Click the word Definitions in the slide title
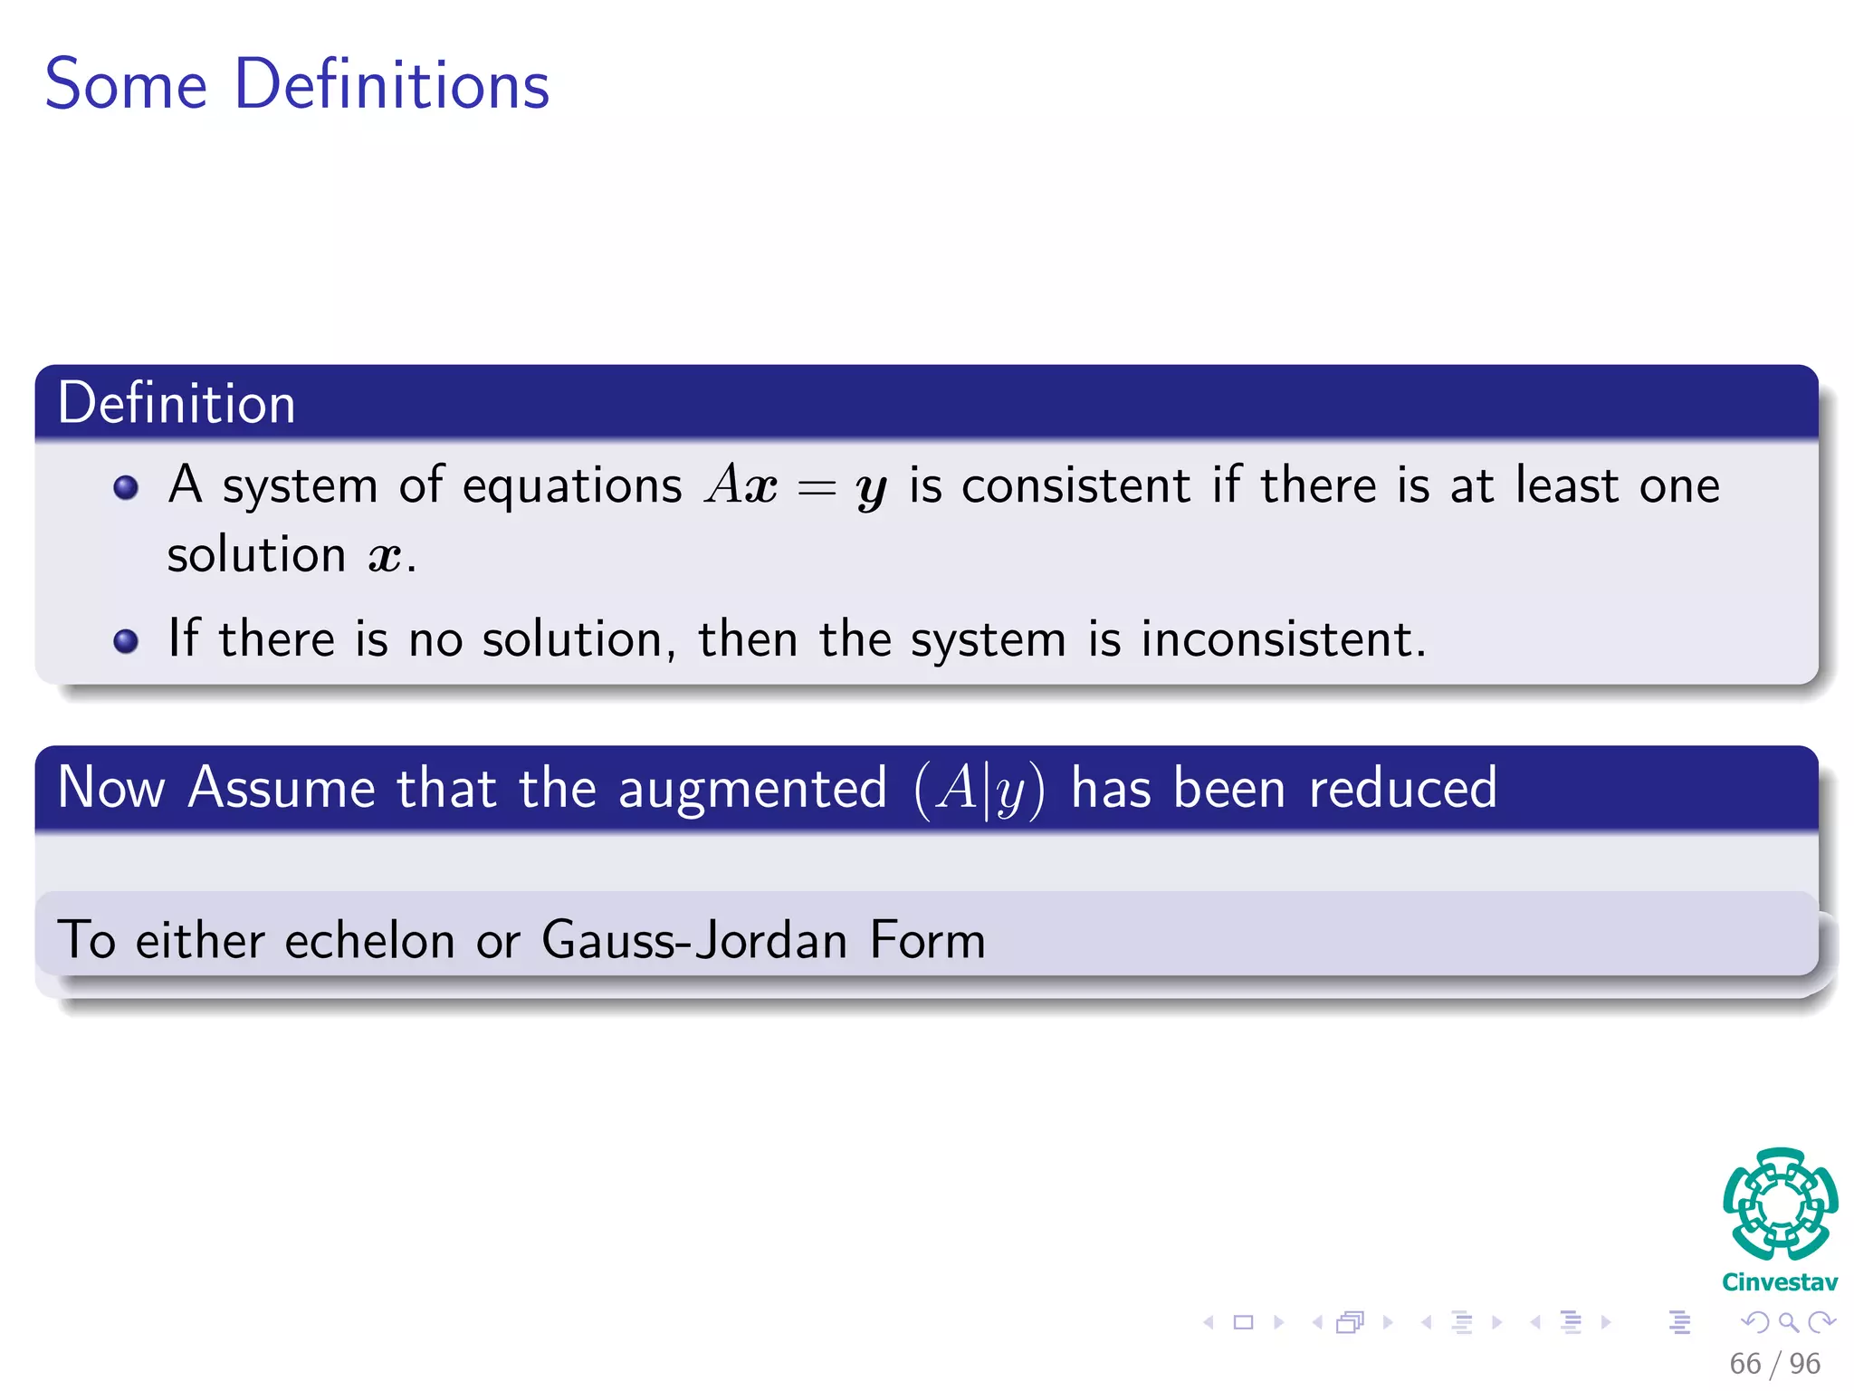click(x=391, y=85)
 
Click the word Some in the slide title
click(x=127, y=85)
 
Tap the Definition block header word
click(x=177, y=404)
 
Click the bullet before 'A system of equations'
click(x=126, y=488)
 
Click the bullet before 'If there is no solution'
click(x=126, y=641)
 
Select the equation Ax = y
click(x=795, y=486)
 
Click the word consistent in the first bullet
click(x=1075, y=485)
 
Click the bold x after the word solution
click(x=384, y=556)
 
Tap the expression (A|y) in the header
click(x=979, y=789)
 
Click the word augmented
click(x=751, y=789)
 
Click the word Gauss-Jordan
click(x=694, y=940)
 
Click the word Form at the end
click(x=927, y=940)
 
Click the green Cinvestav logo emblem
click(x=1780, y=1204)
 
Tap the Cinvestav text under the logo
click(x=1780, y=1282)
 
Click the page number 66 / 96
click(x=1774, y=1364)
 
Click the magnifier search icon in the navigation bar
click(x=1788, y=1323)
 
